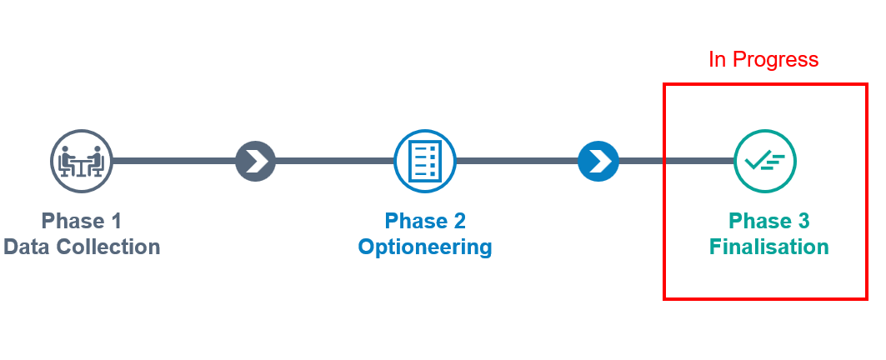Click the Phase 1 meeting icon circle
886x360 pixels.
coord(82,161)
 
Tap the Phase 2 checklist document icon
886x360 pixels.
coord(425,161)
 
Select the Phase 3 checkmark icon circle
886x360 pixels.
coord(765,161)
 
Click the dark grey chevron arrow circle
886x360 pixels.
coord(255,161)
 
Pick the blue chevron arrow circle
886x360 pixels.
coord(598,161)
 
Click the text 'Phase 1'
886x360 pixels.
coord(82,221)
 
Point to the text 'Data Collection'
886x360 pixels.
coord(82,247)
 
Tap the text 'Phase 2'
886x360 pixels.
coord(425,221)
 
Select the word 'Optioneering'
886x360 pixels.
coord(425,247)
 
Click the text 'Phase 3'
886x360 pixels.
coord(769,221)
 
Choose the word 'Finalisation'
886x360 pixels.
coord(769,247)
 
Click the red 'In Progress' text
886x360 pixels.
coord(763,60)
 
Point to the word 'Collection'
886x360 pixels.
coord(107,247)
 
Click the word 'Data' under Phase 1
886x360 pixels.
coord(25,247)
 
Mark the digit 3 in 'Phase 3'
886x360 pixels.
coord(803,221)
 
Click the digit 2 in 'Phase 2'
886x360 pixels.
coord(459,221)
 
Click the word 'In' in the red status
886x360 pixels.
coord(717,60)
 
